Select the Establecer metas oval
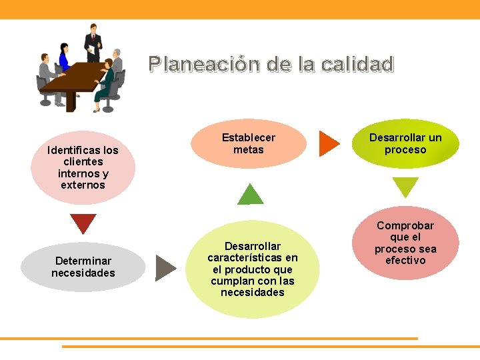coord(248,143)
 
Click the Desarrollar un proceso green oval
coord(405,143)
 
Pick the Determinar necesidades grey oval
coord(83,267)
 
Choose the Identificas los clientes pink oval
coord(83,167)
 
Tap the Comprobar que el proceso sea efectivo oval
coord(405,243)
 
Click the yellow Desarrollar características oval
coord(253,269)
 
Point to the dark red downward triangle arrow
coord(83,223)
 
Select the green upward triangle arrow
coord(251,195)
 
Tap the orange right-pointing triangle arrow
coord(328,143)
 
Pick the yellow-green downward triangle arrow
coord(405,186)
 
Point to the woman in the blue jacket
coord(64,57)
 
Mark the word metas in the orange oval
coord(248,150)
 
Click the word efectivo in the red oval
coord(405,260)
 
